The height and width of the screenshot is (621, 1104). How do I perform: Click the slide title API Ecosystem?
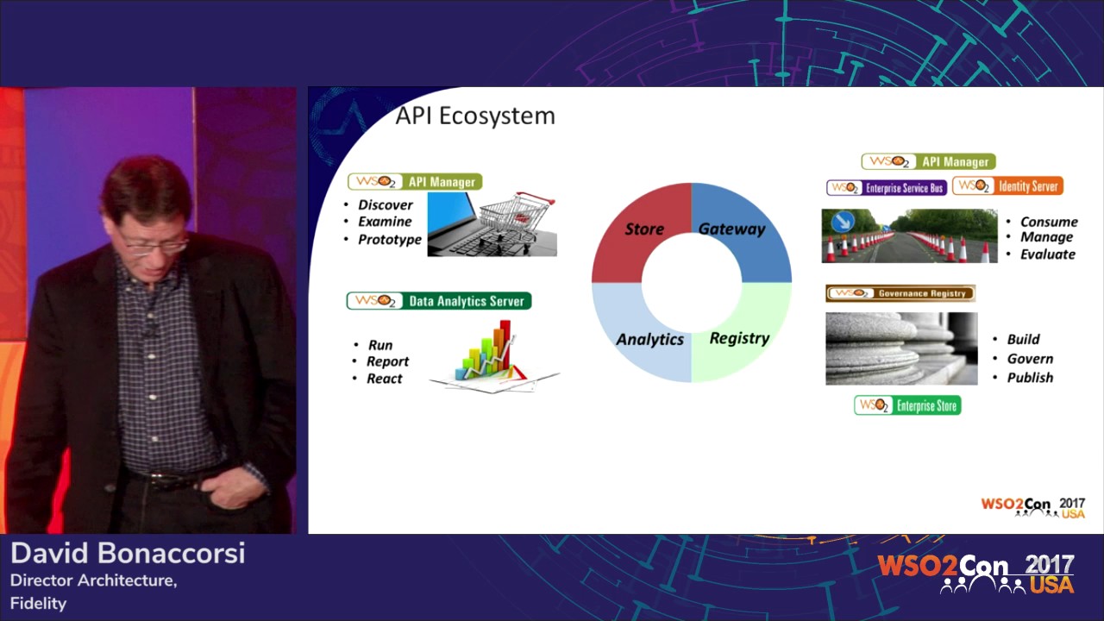474,116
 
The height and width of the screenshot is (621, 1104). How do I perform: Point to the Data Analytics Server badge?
439,301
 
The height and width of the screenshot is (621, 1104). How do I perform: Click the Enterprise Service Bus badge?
887,187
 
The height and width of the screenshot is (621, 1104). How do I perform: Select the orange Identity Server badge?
1007,186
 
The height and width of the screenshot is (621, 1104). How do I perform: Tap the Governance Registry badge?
900,293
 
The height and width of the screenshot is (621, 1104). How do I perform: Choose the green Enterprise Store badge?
907,405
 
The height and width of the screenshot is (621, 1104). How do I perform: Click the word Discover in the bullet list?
386,205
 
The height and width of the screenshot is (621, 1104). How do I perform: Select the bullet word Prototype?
390,240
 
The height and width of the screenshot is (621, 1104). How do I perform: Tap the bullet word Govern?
1030,359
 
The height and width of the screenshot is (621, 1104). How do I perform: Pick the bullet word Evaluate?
1048,254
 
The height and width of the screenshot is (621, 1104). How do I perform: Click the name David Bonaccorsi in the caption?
128,554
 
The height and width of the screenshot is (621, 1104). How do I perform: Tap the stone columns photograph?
901,348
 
